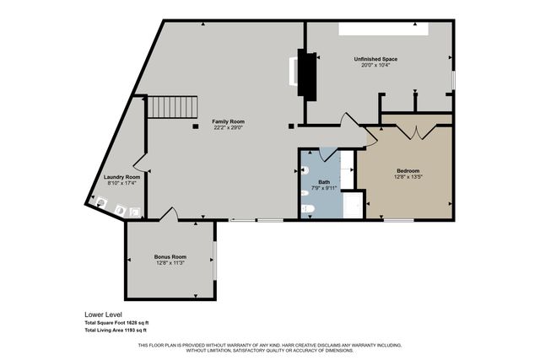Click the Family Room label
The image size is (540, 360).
pos(228,122)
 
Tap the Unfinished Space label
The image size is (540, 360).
pos(375,59)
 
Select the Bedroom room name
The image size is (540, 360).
pos(408,170)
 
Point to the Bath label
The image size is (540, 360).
pos(324,181)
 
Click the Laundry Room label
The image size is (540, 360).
pos(121,177)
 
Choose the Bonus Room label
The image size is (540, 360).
pos(170,256)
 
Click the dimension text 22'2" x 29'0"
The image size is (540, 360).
pos(228,129)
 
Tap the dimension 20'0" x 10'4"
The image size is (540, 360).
pos(375,66)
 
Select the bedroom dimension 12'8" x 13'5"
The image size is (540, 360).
pos(408,177)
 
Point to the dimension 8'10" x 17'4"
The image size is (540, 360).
pos(121,183)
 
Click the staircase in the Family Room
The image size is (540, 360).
pos(173,107)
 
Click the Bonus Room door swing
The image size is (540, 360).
pos(170,214)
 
